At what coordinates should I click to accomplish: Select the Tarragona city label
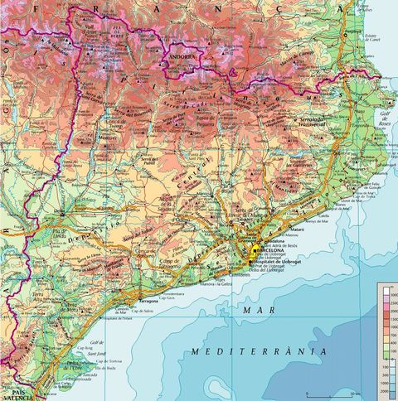point(148,302)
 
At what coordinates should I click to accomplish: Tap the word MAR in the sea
point(252,309)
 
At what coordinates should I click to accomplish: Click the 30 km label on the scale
point(357,394)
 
